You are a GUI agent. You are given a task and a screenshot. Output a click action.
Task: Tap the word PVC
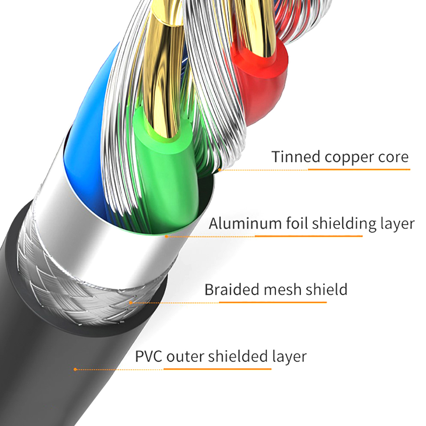click(x=149, y=356)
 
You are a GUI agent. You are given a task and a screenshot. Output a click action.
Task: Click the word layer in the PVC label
click(x=289, y=356)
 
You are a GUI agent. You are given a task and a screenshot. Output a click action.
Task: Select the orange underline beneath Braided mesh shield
click(x=273, y=302)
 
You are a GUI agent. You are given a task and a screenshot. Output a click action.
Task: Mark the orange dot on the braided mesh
click(x=131, y=303)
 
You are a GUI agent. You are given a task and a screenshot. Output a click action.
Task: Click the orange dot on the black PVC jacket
click(x=75, y=369)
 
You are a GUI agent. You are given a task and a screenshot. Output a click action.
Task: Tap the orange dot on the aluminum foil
click(x=167, y=236)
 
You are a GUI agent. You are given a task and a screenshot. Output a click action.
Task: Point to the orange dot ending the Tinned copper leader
click(x=219, y=170)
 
